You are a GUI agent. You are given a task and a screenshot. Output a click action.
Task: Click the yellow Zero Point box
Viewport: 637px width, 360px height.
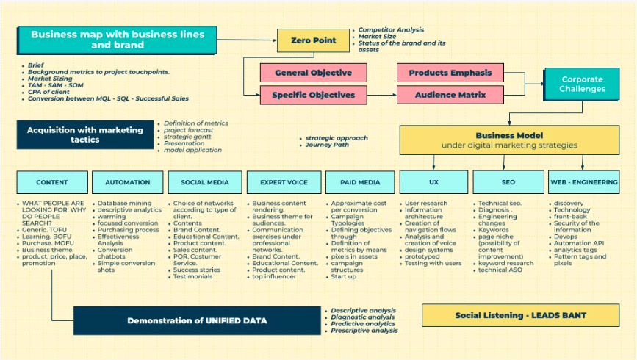click(313, 40)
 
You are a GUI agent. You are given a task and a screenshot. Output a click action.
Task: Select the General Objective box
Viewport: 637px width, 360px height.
click(313, 73)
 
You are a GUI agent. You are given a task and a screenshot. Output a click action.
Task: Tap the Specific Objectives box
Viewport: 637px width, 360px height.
click(313, 95)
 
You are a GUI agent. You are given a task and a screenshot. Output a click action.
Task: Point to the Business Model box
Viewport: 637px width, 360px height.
click(509, 140)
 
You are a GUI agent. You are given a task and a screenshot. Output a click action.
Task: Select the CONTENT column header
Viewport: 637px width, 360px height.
click(52, 182)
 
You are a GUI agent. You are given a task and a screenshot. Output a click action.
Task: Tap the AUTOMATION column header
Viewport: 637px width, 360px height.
click(128, 182)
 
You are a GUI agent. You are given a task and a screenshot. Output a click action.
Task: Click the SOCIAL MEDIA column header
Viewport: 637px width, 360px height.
click(204, 182)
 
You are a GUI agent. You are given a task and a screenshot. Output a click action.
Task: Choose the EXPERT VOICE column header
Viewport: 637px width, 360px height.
click(283, 182)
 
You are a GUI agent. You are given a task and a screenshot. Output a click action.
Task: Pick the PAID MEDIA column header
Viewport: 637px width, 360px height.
click(360, 182)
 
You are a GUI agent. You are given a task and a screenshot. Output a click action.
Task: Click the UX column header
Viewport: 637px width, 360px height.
click(433, 182)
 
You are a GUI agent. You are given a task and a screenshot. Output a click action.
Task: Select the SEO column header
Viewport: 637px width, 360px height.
click(508, 182)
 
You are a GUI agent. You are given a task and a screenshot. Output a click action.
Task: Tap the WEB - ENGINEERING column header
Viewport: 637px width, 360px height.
click(584, 182)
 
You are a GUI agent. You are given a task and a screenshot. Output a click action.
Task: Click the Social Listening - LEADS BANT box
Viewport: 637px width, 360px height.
click(521, 316)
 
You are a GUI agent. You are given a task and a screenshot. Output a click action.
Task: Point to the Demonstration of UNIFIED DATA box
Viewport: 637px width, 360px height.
click(196, 320)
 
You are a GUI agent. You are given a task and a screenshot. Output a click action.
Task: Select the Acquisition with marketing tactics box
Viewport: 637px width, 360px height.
click(85, 134)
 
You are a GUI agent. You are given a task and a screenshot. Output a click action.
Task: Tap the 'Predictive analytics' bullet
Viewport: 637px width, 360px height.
click(363, 324)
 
